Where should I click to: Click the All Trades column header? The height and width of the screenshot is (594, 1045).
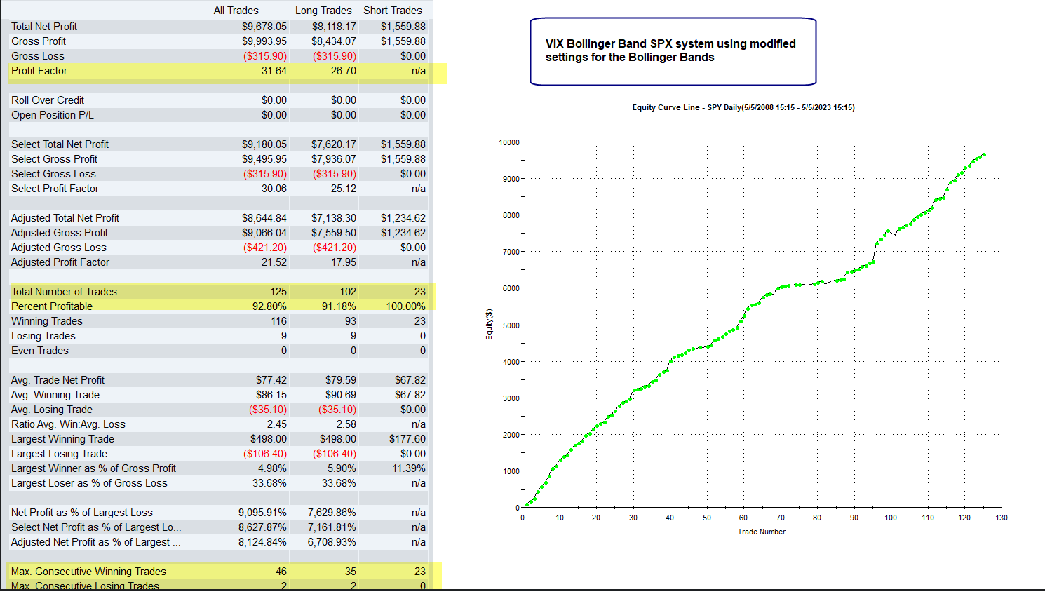(x=236, y=11)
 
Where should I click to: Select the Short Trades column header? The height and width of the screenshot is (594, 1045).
(x=392, y=11)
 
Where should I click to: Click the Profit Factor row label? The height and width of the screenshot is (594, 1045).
(x=39, y=71)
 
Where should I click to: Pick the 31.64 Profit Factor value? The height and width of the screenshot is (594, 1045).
(x=274, y=71)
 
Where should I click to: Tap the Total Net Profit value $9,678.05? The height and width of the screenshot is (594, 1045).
(x=264, y=27)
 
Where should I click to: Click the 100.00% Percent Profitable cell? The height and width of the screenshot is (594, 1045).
(x=405, y=306)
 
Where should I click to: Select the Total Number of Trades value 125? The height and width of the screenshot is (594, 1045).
(x=278, y=292)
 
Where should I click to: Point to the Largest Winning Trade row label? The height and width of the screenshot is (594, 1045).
(x=62, y=439)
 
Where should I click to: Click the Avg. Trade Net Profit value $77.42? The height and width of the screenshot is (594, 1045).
(x=271, y=380)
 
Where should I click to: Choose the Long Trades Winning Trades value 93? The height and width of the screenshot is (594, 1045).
(x=349, y=321)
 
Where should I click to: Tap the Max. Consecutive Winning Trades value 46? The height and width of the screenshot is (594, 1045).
(x=281, y=572)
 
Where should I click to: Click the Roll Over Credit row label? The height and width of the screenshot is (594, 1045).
(x=48, y=100)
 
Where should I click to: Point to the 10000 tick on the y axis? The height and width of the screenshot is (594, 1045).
(x=509, y=142)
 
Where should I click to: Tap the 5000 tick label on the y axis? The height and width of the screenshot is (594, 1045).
(x=511, y=325)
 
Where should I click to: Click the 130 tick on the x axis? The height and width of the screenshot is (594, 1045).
(x=1001, y=518)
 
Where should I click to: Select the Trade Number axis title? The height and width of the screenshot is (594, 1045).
(x=761, y=532)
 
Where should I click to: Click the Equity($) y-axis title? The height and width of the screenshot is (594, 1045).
(x=489, y=325)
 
